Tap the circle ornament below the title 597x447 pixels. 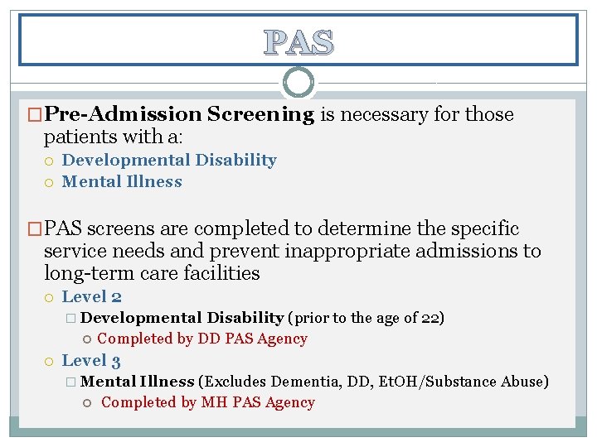(298, 83)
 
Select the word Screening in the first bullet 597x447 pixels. (260, 114)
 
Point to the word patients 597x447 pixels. (80, 136)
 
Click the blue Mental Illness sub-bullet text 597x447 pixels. (122, 182)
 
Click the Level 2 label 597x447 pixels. (92, 296)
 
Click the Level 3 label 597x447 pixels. (92, 360)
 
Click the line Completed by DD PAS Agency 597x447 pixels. (202, 339)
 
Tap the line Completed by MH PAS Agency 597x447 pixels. (207, 403)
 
